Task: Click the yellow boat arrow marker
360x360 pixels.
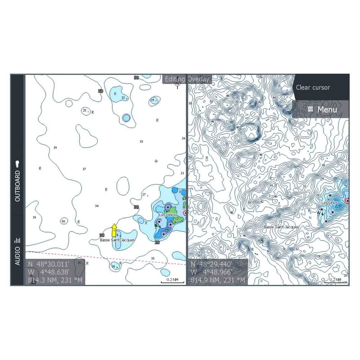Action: [114, 230]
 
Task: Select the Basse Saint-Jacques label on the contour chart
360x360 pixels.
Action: [281, 227]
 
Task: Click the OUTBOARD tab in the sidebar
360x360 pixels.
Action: [18, 180]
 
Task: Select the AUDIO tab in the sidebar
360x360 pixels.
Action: [18, 250]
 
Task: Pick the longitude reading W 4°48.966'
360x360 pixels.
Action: [211, 272]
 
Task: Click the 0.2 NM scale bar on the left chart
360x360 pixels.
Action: [172, 281]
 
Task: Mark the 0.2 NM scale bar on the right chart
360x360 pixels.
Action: [335, 281]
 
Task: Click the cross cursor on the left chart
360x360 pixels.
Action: [156, 161]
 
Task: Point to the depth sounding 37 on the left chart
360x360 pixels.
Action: [84, 169]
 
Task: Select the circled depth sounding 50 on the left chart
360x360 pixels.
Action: [63, 221]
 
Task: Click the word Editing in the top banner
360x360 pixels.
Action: [175, 79]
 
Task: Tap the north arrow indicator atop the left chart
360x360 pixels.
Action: [178, 82]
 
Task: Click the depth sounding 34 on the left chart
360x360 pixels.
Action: [97, 206]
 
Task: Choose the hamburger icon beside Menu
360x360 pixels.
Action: [310, 109]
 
